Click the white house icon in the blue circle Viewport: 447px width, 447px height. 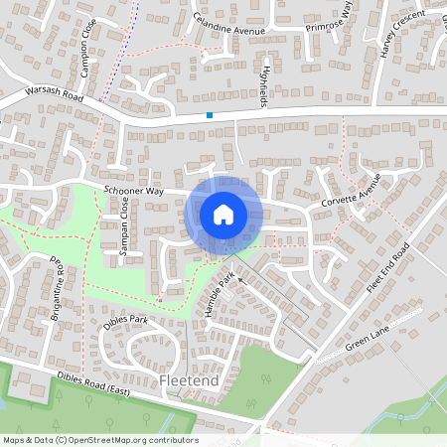pos(223,214)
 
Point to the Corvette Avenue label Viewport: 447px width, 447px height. pos(351,195)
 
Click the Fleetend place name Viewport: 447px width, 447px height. pos(188,380)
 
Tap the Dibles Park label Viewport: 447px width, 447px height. pos(125,321)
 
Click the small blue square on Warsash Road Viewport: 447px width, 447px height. pos(210,115)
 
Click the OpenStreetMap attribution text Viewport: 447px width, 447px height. pos(99,440)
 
